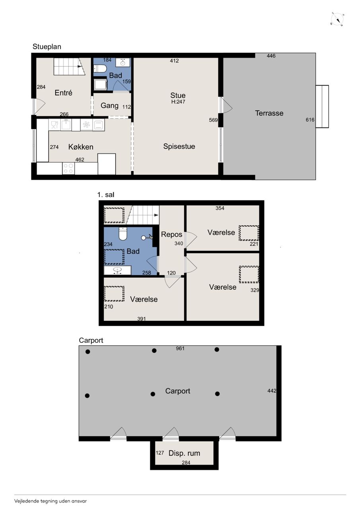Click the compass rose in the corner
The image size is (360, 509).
337,19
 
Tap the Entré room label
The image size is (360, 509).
63,93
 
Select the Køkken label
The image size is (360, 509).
81,147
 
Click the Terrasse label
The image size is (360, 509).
269,113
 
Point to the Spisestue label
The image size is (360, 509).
179,146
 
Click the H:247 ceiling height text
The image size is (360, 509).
178,102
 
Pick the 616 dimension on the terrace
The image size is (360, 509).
310,120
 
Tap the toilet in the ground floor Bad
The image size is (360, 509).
100,68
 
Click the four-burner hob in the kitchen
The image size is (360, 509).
68,168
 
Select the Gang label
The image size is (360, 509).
109,106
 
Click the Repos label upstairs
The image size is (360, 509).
171,234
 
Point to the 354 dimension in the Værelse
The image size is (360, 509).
220,208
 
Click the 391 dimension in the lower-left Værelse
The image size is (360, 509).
141,319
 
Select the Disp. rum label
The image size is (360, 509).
184,453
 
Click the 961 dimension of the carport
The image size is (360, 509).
180,348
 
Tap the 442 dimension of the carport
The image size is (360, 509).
272,391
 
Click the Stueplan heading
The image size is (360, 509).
47,47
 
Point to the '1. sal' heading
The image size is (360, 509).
106,195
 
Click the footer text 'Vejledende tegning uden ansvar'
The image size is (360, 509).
51,501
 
